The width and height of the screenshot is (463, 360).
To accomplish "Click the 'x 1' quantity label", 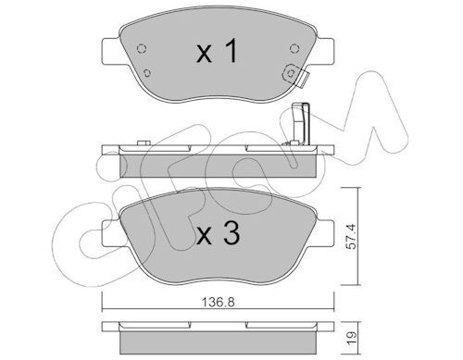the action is [x=218, y=52].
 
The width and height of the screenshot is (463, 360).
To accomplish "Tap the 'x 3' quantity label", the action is [x=219, y=234].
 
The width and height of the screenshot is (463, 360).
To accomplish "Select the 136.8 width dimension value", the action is [x=219, y=303].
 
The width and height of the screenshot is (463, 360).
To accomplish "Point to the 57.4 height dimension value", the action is [x=351, y=236].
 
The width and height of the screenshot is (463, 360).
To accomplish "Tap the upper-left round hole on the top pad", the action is [x=141, y=49].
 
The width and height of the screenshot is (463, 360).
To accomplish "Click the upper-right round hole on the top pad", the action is [x=294, y=48].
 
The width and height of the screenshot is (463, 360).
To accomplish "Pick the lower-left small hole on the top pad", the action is [x=147, y=73].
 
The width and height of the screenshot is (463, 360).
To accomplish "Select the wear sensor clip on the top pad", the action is [x=294, y=75].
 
